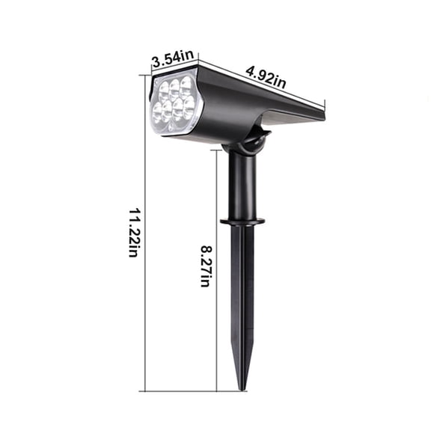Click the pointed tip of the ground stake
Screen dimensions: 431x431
(242, 386)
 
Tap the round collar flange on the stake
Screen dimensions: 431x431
(242, 221)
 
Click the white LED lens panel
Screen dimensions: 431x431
(174, 104)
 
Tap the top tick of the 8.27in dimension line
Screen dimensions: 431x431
(217, 149)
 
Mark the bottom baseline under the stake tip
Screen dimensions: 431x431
(195, 391)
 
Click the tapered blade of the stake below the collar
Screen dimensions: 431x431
(242, 299)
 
